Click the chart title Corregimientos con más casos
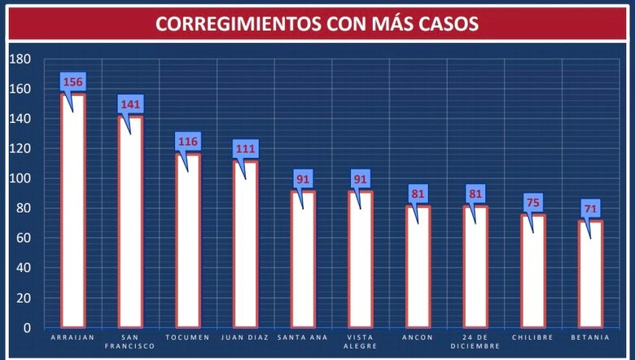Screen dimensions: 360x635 (x=317, y=24)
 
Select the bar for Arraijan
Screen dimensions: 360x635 (x=73, y=212)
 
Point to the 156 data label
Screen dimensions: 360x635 (x=73, y=82)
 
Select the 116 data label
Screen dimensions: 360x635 (x=188, y=142)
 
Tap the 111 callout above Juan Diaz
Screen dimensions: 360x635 (x=246, y=149)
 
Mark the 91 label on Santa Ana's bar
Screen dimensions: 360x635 (x=304, y=179)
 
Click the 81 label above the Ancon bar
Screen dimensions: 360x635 (x=418, y=194)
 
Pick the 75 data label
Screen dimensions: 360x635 (x=533, y=203)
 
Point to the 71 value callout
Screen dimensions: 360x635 (x=591, y=209)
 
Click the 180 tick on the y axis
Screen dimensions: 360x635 (x=20, y=59)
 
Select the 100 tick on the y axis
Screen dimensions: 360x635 (x=20, y=178)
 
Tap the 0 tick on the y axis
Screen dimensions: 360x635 (x=27, y=327)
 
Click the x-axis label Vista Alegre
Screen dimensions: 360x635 (x=361, y=340)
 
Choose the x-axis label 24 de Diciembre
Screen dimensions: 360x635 (x=475, y=340)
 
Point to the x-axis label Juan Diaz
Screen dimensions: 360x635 (x=246, y=336)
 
